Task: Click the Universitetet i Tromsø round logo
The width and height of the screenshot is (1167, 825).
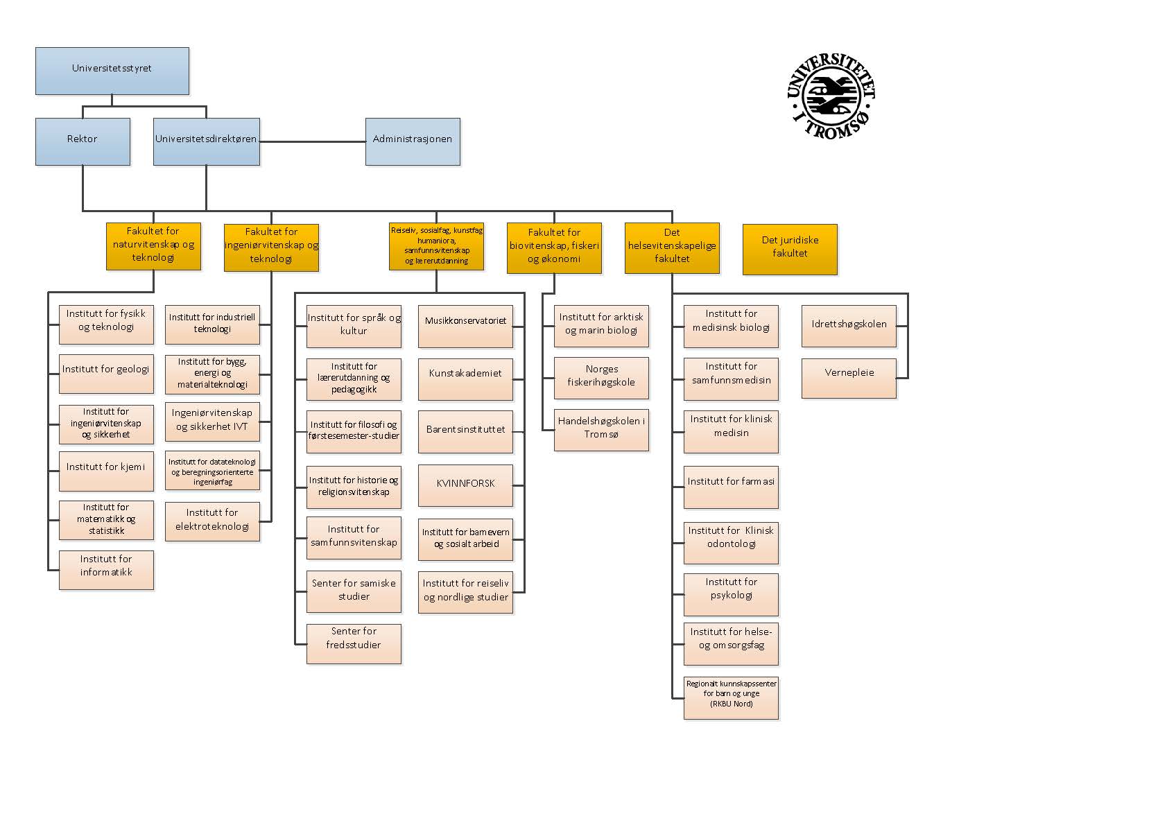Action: [831, 97]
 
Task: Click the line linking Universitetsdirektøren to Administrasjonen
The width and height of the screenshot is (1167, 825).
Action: [312, 141]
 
